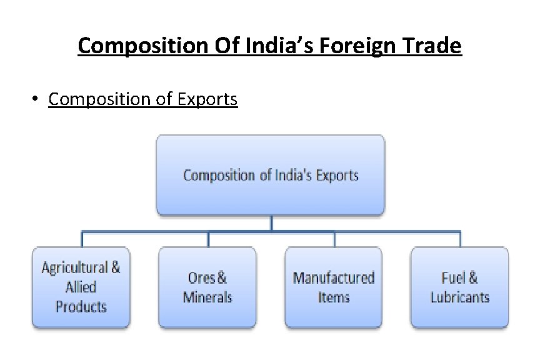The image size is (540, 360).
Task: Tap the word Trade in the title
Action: pyautogui.click(x=436, y=46)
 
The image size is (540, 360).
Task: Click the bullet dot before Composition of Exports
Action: pyautogui.click(x=37, y=99)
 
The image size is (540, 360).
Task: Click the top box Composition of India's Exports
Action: pyautogui.click(x=271, y=175)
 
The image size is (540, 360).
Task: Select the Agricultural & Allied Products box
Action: pyautogui.click(x=81, y=287)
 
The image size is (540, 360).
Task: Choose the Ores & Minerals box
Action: pyautogui.click(x=207, y=287)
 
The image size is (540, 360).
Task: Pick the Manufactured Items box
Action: pyautogui.click(x=334, y=287)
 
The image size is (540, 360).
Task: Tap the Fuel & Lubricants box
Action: pyautogui.click(x=460, y=287)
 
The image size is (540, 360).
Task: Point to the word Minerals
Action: pyautogui.click(x=207, y=297)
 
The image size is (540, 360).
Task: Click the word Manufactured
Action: pyautogui.click(x=334, y=277)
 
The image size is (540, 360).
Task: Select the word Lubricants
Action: pyautogui.click(x=460, y=297)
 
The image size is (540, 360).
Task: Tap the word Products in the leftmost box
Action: pyautogui.click(x=81, y=307)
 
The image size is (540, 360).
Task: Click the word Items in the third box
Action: pyautogui.click(x=334, y=297)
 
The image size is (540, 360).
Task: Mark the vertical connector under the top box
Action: pyautogui.click(x=271, y=224)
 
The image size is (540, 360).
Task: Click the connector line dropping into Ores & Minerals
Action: pyautogui.click(x=207, y=239)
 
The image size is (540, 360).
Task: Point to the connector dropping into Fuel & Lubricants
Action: pyautogui.click(x=460, y=239)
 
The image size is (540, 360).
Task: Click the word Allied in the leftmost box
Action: pyautogui.click(x=81, y=287)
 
